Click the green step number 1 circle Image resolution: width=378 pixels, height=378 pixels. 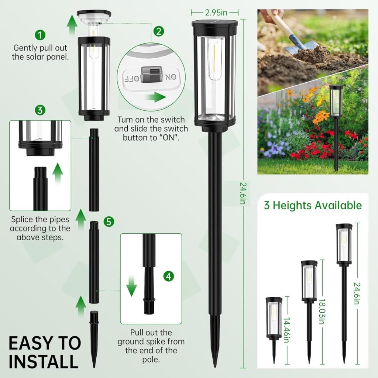pyautogui.click(x=40, y=35)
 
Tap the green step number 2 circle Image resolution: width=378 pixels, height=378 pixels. pyautogui.click(x=158, y=31)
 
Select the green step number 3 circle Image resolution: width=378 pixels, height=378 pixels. pyautogui.click(x=40, y=110)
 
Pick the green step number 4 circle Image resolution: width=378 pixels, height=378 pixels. pyautogui.click(x=168, y=276)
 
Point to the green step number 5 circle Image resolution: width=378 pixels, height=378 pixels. pyautogui.click(x=108, y=221)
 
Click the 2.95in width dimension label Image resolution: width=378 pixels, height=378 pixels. pyautogui.click(x=215, y=13)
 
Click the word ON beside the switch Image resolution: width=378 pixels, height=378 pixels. pyautogui.click(x=171, y=77)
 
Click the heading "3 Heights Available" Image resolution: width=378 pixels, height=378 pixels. pyautogui.click(x=313, y=205)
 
